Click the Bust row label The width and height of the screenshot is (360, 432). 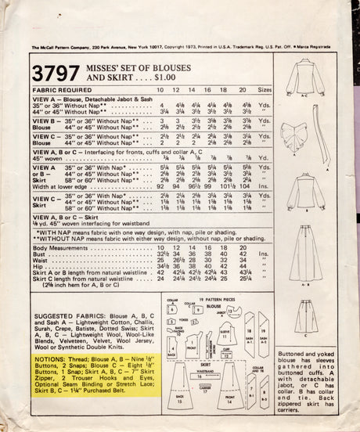click(x=38, y=255)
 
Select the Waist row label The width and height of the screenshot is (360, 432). click(x=40, y=261)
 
